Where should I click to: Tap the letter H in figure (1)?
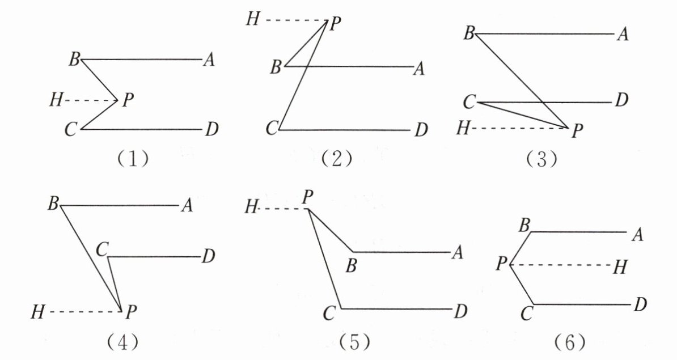[x=55, y=101]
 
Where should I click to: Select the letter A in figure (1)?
[x=209, y=60]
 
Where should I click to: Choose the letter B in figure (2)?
[x=276, y=69]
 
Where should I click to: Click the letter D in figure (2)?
[x=421, y=132]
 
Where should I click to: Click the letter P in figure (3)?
[x=577, y=132]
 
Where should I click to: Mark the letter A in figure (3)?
[x=623, y=35]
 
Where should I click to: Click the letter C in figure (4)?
[x=102, y=248]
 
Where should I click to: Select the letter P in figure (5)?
[x=308, y=198]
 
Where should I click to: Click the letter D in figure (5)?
[x=460, y=312]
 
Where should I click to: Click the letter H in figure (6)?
[x=619, y=268]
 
